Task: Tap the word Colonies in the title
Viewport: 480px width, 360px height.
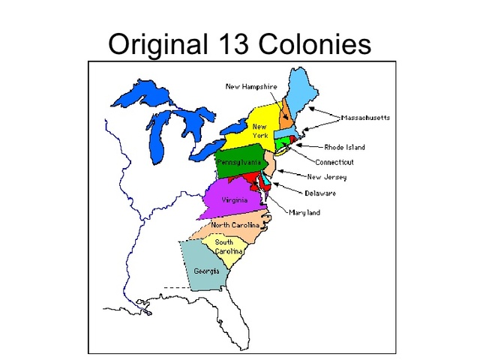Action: (x=315, y=44)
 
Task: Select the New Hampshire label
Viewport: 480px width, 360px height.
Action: (x=251, y=87)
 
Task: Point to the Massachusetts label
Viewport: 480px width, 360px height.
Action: (x=365, y=118)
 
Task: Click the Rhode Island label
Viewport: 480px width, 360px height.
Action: (x=344, y=148)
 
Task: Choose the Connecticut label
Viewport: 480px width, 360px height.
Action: (x=334, y=162)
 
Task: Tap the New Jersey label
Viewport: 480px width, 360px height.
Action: (x=326, y=178)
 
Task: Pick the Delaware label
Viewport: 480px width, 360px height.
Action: (x=320, y=193)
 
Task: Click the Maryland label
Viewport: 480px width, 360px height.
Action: (x=304, y=213)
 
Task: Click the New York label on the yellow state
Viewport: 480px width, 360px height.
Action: (x=259, y=130)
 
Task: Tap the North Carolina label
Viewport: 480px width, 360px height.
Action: (x=235, y=225)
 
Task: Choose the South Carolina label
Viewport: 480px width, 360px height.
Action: (x=223, y=247)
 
